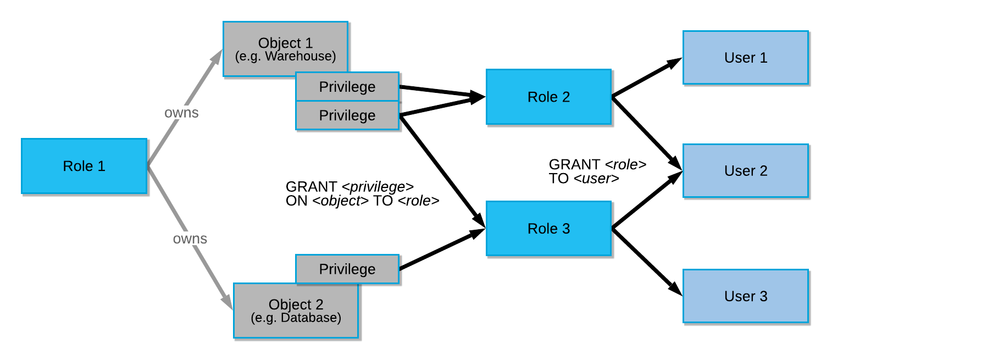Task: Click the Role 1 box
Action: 84,166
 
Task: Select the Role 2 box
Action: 548,97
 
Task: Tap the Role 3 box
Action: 548,229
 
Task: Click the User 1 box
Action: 745,57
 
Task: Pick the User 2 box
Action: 745,170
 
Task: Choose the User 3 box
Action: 745,296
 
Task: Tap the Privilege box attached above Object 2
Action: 347,269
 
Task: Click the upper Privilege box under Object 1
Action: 347,86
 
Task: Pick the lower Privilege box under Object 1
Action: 347,115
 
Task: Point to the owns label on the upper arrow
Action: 181,113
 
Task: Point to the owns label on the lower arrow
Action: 190,239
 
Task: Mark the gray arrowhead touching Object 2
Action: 227,301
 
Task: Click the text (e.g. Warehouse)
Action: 285,57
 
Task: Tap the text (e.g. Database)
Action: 296,318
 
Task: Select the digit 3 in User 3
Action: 763,296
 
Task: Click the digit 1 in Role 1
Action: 101,166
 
